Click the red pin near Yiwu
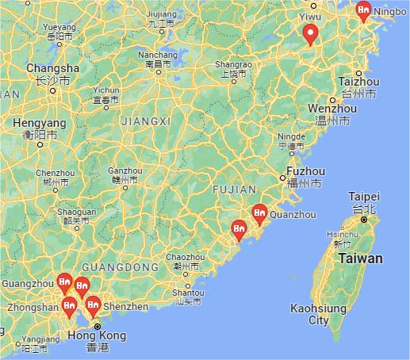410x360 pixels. [x=311, y=34]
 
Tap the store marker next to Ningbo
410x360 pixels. [x=364, y=10]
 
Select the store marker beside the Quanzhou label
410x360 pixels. [x=259, y=213]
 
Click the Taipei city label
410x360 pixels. [x=364, y=197]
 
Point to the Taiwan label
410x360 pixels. [x=360, y=259]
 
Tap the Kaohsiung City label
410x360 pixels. [x=318, y=314]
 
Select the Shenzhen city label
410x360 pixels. [x=125, y=306]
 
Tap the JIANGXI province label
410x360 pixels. [x=145, y=121]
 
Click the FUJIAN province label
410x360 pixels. [x=235, y=190]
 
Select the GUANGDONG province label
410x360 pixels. [x=121, y=267]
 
